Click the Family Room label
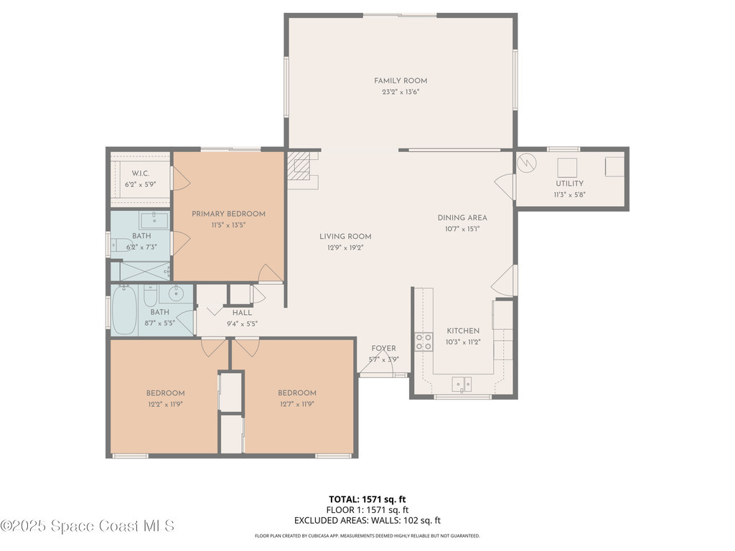[401, 80]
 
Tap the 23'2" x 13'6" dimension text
[401, 92]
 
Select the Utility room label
[569, 184]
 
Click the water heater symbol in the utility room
[526, 163]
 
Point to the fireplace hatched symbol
[299, 166]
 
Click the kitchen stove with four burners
[423, 342]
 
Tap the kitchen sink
[462, 385]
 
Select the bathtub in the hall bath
[124, 310]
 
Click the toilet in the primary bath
[121, 245]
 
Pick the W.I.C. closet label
[140, 174]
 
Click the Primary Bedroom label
[228, 214]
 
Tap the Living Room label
[345, 237]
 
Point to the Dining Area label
[462, 218]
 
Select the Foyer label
[383, 348]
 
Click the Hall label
[242, 313]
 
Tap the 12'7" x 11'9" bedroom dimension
[296, 405]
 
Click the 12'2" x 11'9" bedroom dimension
[165, 405]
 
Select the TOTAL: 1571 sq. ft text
[367, 499]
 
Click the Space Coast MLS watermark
[88, 526]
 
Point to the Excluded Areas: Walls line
[367, 520]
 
